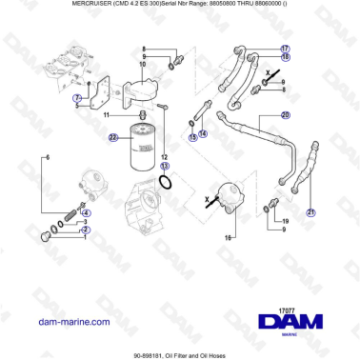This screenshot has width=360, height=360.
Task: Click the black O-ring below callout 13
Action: click(167, 182)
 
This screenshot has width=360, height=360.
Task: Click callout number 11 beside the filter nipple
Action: click(108, 114)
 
